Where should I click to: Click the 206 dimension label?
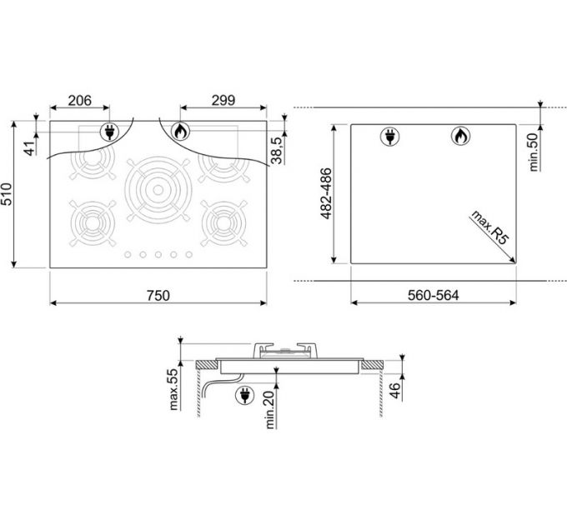coord(80,101)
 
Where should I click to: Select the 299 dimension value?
coord(223,101)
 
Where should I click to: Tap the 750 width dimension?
coord(158,296)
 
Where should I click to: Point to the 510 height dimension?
coord(7,194)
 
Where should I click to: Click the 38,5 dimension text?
coord(277,151)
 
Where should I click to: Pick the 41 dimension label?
coord(30,148)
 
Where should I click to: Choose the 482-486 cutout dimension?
coord(326,193)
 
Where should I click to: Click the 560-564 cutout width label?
coord(434,295)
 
